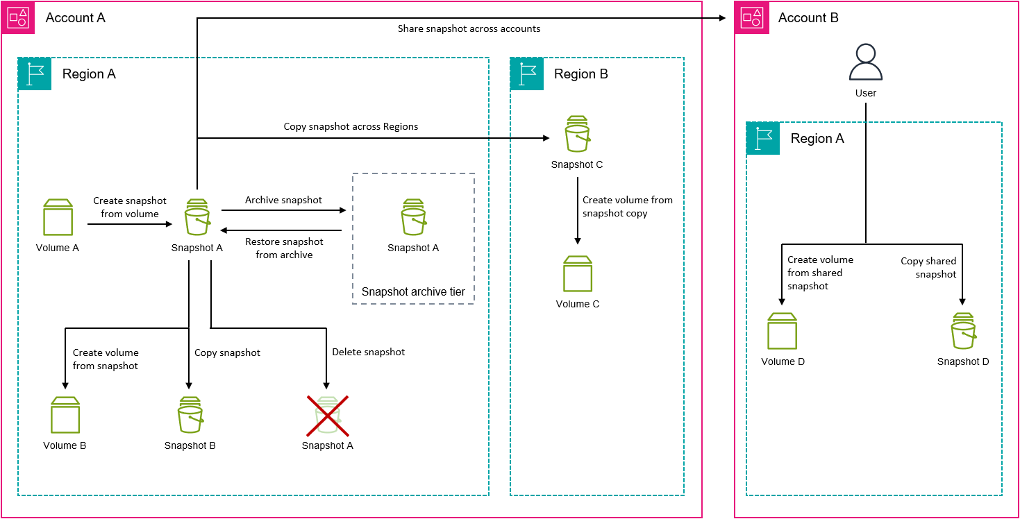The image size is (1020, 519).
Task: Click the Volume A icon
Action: click(x=58, y=218)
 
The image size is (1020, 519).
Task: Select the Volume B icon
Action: click(x=65, y=416)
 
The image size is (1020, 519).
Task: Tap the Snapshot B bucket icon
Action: click(x=190, y=416)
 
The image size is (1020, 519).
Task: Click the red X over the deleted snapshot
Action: click(x=328, y=415)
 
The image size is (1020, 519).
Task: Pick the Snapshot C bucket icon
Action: click(x=577, y=135)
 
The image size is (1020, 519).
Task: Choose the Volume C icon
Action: click(x=577, y=275)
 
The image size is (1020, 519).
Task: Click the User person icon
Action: click(x=866, y=63)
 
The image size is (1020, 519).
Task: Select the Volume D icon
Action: click(x=783, y=332)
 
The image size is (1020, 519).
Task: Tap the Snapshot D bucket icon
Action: click(x=963, y=332)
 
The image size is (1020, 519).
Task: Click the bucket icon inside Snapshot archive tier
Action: click(x=413, y=218)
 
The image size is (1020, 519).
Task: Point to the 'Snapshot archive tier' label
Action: click(x=413, y=292)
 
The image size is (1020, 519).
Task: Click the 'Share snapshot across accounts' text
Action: click(x=469, y=29)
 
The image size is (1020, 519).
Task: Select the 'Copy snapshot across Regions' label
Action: click(x=351, y=127)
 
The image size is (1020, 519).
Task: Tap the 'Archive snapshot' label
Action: click(x=283, y=200)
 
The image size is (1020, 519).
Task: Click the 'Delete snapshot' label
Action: click(x=368, y=352)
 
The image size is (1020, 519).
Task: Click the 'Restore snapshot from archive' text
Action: click(x=284, y=248)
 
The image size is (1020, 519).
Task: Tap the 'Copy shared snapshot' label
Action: click(x=929, y=268)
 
